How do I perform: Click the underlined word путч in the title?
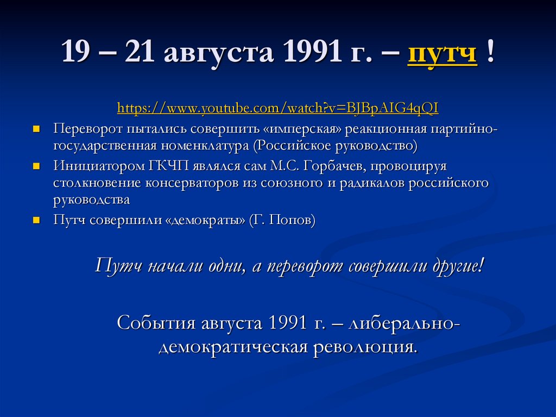click(442, 54)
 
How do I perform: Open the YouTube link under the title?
click(277, 108)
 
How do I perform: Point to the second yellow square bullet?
click(36, 165)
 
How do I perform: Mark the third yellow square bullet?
click(36, 220)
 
